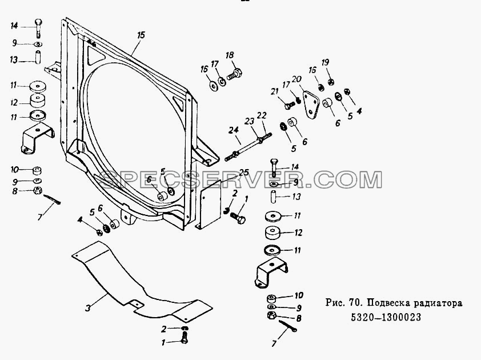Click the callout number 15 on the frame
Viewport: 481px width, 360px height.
point(141,35)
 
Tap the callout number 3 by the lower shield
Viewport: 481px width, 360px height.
point(88,307)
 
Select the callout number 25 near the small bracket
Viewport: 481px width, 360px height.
point(244,172)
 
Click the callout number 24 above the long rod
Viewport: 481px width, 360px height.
point(234,130)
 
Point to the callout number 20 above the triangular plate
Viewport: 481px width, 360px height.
point(296,79)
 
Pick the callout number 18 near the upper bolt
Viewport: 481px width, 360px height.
point(230,55)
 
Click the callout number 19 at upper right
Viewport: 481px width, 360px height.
point(325,62)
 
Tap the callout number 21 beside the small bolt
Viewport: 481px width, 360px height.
point(274,91)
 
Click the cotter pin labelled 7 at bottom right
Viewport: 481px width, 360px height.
point(288,326)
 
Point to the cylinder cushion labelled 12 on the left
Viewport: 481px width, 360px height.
point(38,101)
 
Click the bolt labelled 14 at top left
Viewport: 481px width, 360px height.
point(38,28)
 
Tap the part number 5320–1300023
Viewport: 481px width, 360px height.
point(386,317)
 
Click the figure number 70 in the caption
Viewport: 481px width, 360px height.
point(353,303)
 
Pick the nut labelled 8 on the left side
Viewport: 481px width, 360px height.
point(38,190)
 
